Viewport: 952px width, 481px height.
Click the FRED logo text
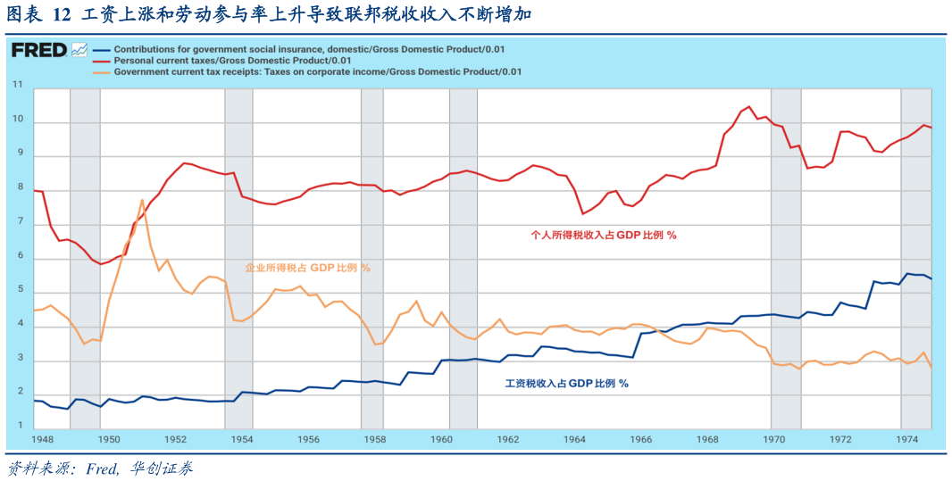point(39,51)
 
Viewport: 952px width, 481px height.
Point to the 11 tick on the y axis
point(17,86)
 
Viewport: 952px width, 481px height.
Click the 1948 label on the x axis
point(43,440)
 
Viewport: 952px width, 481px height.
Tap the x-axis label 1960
point(441,440)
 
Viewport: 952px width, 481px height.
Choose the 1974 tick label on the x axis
point(906,440)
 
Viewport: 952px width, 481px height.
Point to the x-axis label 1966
point(640,440)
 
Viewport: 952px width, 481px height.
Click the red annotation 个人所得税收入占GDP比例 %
point(604,236)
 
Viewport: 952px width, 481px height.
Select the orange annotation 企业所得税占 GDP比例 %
point(307,267)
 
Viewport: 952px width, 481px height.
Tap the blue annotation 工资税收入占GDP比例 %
point(566,383)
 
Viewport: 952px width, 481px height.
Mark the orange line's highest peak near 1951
point(142,200)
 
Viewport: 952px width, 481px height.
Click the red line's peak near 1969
point(748,106)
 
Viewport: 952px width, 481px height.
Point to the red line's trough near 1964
point(582,213)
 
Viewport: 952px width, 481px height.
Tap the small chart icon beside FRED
point(79,50)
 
